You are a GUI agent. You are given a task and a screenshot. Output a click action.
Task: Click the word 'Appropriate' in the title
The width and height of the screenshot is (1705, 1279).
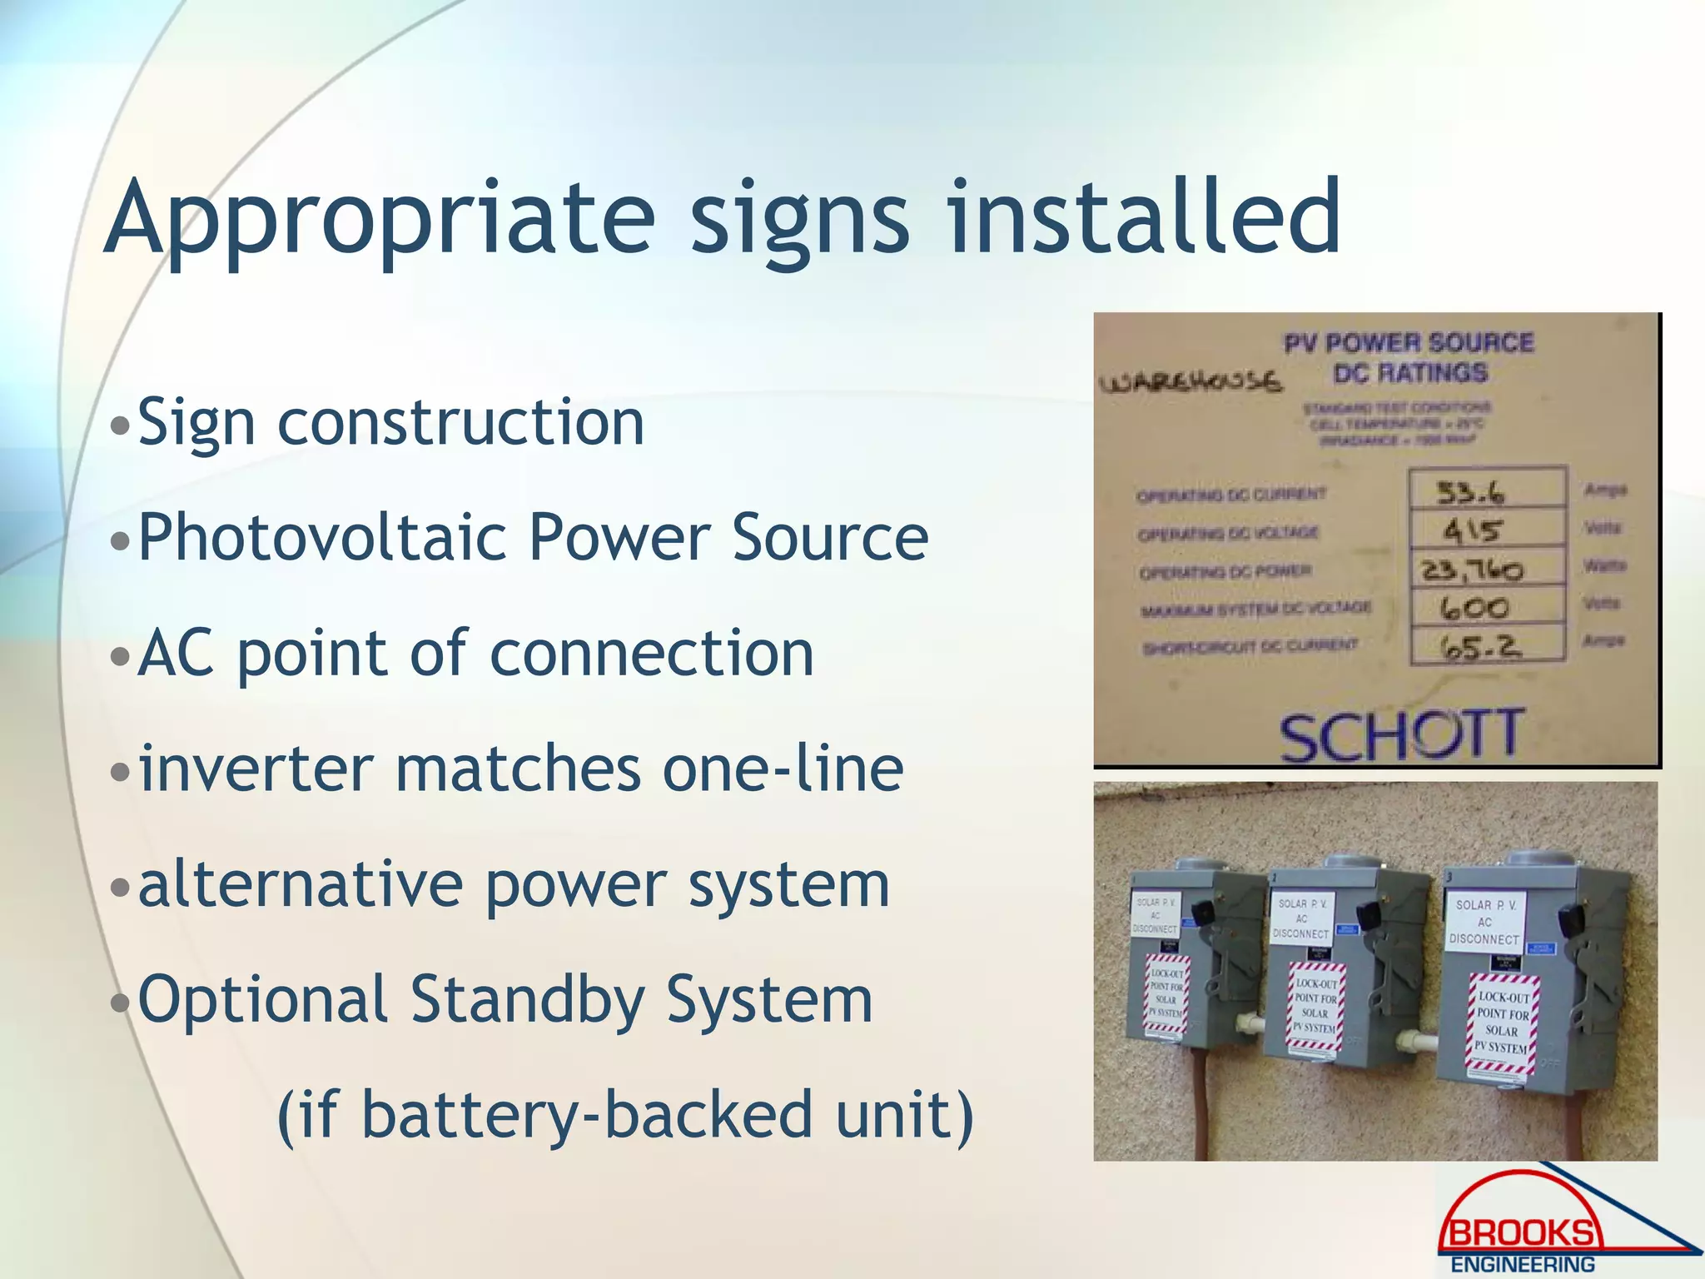point(379,218)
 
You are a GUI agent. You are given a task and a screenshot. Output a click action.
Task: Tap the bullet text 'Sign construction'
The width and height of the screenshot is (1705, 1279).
point(390,422)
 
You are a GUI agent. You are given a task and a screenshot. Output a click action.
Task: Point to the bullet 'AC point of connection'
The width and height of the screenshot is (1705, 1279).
point(475,653)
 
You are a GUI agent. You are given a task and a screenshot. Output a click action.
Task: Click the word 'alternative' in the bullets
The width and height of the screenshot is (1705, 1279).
point(300,883)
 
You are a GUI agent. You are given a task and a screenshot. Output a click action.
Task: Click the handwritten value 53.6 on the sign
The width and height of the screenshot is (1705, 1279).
point(1470,494)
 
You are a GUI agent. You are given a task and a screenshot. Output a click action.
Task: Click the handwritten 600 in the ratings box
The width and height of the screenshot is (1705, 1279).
point(1474,607)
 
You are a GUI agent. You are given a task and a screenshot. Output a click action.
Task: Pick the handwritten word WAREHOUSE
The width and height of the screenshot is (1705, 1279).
point(1190,382)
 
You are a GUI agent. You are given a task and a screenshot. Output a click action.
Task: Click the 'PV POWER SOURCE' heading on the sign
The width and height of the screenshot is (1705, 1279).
point(1408,343)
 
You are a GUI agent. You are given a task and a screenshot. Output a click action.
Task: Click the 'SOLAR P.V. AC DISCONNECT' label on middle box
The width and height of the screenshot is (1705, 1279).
point(1300,918)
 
